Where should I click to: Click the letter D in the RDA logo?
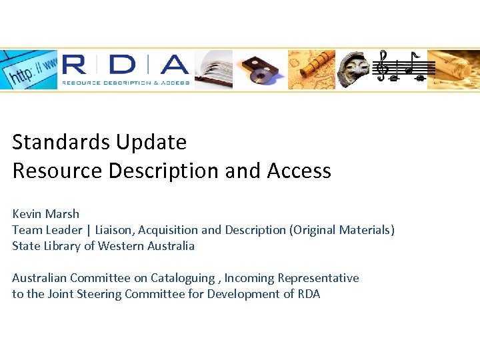[x=122, y=65]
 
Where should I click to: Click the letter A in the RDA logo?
[x=173, y=65]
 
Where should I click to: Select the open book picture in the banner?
[x=214, y=69]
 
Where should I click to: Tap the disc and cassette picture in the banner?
[x=260, y=69]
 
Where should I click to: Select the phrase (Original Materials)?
[x=341, y=230]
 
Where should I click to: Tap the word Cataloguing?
[x=182, y=278]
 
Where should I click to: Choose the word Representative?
[x=318, y=278]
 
